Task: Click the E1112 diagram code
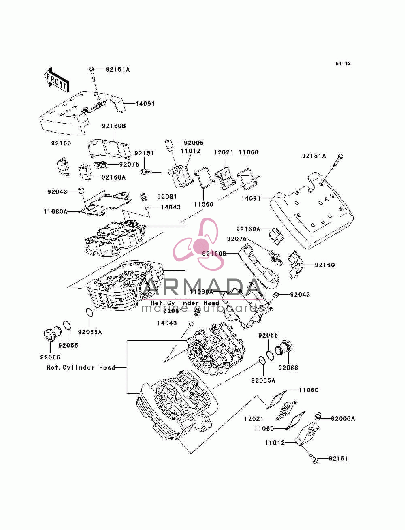pyautogui.click(x=343, y=64)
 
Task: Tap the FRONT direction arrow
pyautogui.click(x=57, y=80)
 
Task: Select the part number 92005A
pyautogui.click(x=343, y=419)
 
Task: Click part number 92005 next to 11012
pyautogui.click(x=194, y=143)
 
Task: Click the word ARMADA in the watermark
pyautogui.click(x=202, y=287)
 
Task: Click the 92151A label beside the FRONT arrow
pyautogui.click(x=118, y=70)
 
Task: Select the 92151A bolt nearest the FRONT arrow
pyautogui.click(x=92, y=75)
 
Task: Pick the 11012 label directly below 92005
pyautogui.click(x=191, y=151)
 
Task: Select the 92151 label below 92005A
pyautogui.click(x=339, y=459)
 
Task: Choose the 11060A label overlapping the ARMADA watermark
pyautogui.click(x=201, y=292)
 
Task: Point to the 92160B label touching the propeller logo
pyautogui.click(x=214, y=254)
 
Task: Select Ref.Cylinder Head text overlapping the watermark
pyautogui.click(x=185, y=303)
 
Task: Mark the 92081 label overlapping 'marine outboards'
pyautogui.click(x=173, y=311)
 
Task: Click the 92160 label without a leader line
pyautogui.click(x=61, y=143)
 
